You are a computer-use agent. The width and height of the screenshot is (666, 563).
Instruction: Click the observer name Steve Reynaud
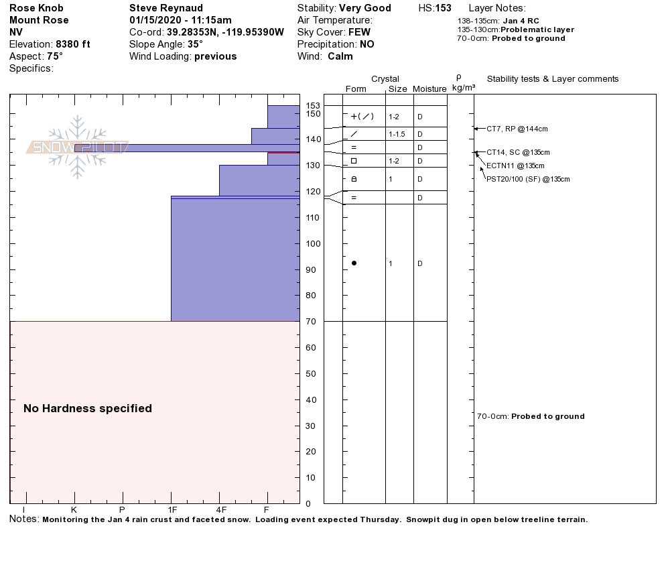click(165, 8)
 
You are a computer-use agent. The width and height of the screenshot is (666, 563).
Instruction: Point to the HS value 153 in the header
click(443, 8)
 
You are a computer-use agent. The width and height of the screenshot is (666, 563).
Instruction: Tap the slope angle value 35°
click(195, 44)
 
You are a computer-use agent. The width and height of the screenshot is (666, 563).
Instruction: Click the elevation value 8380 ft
click(73, 44)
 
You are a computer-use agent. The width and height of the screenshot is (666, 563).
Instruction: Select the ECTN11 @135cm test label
click(515, 166)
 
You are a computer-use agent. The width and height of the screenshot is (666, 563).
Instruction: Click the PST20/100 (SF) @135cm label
click(528, 179)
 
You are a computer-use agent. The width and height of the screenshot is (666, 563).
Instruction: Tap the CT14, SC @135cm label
click(518, 152)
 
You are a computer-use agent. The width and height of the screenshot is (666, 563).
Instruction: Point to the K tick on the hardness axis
click(74, 510)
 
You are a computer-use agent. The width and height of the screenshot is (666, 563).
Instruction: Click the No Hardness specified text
click(88, 408)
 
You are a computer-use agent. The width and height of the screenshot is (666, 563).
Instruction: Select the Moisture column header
click(429, 89)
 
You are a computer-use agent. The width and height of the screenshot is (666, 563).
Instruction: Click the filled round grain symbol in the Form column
click(354, 263)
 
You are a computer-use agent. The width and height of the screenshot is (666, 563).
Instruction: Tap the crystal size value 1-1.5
click(397, 134)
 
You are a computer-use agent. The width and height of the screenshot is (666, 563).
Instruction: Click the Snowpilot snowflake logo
click(77, 147)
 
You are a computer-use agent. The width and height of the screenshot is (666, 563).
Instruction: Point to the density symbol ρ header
click(459, 78)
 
